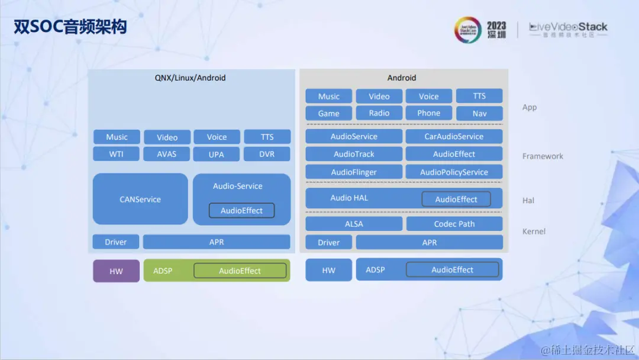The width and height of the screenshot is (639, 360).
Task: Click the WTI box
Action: [x=117, y=154]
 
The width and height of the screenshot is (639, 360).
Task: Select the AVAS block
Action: [x=167, y=154]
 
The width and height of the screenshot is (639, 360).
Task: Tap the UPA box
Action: [x=217, y=154]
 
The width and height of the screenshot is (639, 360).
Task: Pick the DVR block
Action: [x=267, y=154]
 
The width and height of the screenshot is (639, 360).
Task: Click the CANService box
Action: [x=140, y=199]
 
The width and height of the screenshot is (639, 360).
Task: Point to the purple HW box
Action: [x=117, y=271]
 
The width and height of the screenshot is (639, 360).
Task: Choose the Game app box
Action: [x=328, y=113]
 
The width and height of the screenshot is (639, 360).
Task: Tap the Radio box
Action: [x=379, y=113]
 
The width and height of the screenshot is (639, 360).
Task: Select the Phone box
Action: [x=429, y=113]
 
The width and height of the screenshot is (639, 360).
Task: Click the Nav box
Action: [x=479, y=113]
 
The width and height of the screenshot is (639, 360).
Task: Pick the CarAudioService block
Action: [x=454, y=136]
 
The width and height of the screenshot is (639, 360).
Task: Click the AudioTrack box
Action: [x=354, y=154]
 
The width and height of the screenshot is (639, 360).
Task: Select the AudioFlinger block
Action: [x=354, y=172]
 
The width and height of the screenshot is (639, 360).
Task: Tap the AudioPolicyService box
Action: [x=454, y=172]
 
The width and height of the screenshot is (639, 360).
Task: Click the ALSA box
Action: [x=354, y=224]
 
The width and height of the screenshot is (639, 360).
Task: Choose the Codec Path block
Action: [x=454, y=224]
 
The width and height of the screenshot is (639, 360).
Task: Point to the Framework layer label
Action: [x=543, y=156]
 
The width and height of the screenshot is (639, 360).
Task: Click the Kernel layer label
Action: [x=534, y=232]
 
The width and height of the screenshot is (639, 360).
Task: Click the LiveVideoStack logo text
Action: [x=568, y=27]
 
